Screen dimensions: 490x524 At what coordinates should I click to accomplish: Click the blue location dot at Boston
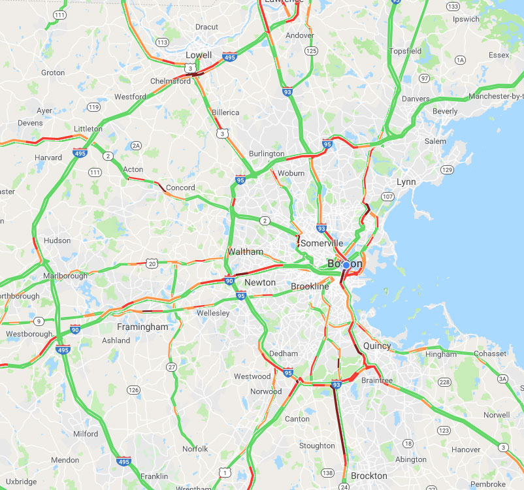tap(346, 265)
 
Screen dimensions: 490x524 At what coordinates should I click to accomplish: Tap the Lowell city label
tap(199, 55)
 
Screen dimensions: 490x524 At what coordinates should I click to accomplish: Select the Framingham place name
tap(142, 327)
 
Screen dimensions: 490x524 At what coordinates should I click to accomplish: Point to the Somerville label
tap(321, 243)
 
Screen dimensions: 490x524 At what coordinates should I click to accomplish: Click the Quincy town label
tap(377, 346)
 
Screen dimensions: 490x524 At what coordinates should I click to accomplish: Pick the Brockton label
tap(369, 476)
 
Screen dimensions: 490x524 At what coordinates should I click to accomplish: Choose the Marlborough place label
tap(65, 276)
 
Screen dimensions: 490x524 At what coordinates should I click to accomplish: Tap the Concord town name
tap(180, 188)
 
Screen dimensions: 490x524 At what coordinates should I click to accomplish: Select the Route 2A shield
tap(136, 145)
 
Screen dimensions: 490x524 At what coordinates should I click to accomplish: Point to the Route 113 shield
tap(162, 42)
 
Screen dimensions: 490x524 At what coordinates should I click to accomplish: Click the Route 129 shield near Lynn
tap(447, 170)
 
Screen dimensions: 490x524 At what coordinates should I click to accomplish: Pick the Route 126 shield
tap(133, 390)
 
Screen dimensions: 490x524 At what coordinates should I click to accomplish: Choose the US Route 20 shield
tap(152, 263)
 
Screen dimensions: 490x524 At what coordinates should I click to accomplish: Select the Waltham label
tap(245, 252)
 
